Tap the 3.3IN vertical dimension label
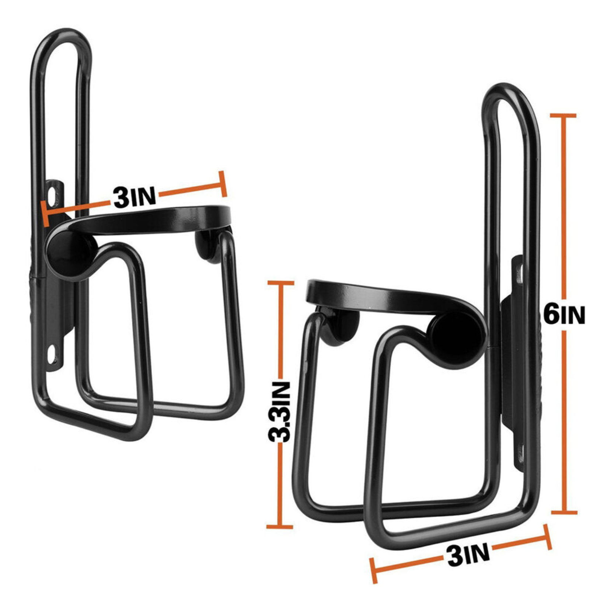point(279,412)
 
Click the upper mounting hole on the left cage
point(53,192)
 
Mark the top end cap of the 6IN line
point(563,116)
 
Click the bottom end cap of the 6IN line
point(564,512)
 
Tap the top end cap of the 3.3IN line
point(280,283)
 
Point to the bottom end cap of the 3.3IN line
point(280,527)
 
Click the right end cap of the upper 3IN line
point(222,184)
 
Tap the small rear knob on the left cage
point(206,245)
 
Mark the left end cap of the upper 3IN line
point(45,214)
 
